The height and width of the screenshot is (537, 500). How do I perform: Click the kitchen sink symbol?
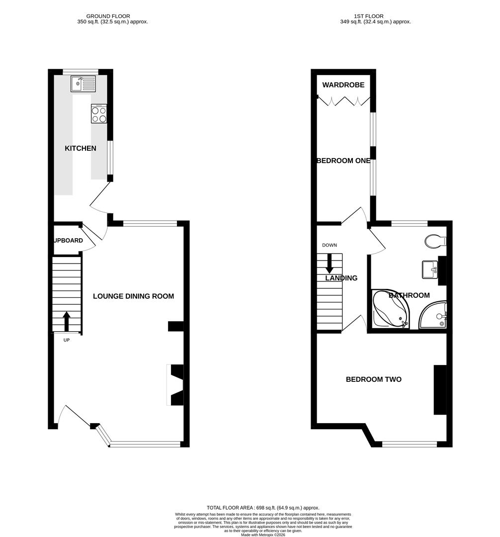pyautogui.click(x=83, y=84)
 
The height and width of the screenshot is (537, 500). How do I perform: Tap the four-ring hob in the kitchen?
pyautogui.click(x=98, y=114)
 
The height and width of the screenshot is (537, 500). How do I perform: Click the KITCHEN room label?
pyautogui.click(x=80, y=148)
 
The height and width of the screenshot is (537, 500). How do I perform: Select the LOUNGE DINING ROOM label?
pyautogui.click(x=134, y=296)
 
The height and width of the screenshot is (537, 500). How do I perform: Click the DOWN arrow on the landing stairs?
pyautogui.click(x=329, y=263)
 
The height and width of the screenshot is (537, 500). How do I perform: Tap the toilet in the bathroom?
pyautogui.click(x=436, y=241)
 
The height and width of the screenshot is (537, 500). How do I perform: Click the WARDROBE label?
pyautogui.click(x=343, y=85)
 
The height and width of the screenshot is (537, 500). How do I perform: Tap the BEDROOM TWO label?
pyautogui.click(x=374, y=379)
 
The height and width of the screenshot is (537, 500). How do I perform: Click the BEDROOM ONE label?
pyautogui.click(x=344, y=161)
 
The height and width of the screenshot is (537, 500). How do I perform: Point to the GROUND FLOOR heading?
pyautogui.click(x=112, y=16)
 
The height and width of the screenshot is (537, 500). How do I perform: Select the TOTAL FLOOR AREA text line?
pyautogui.click(x=263, y=507)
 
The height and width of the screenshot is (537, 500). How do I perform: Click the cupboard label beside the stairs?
pyautogui.click(x=69, y=241)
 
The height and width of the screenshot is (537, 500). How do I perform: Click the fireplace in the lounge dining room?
pyautogui.click(x=175, y=385)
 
